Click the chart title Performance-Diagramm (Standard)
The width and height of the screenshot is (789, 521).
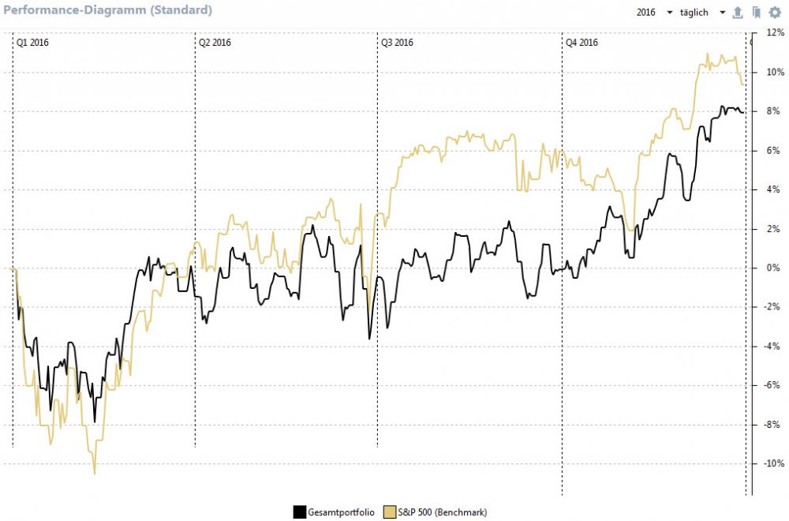[108, 11]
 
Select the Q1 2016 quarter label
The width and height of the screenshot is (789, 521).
[32, 43]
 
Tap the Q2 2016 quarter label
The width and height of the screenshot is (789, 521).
[215, 43]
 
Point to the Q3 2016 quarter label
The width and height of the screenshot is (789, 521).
[397, 43]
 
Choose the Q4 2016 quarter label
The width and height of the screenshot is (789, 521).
[581, 43]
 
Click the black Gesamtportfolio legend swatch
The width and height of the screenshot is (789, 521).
[299, 512]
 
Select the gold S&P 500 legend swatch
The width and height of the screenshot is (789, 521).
[390, 512]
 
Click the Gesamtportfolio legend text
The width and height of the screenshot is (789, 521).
[341, 513]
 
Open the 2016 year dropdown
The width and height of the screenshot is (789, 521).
[654, 13]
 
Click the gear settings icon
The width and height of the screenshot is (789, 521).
[774, 13]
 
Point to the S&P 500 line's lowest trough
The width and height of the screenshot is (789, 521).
[95, 474]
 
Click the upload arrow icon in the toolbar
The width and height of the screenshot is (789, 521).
[738, 13]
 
